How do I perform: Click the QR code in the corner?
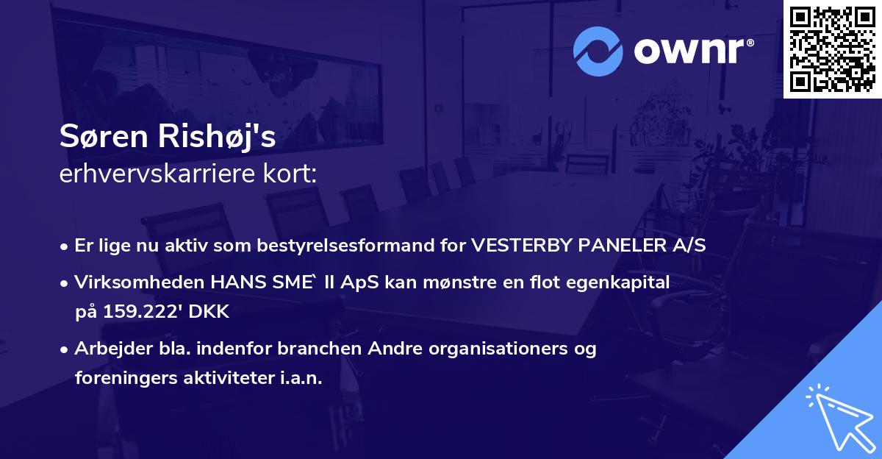tap(832, 49)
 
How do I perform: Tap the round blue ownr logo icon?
tap(598, 51)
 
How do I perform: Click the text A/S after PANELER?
tap(689, 246)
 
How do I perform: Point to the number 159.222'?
tap(144, 311)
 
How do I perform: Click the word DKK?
tap(211, 311)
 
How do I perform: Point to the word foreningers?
tap(123, 378)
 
